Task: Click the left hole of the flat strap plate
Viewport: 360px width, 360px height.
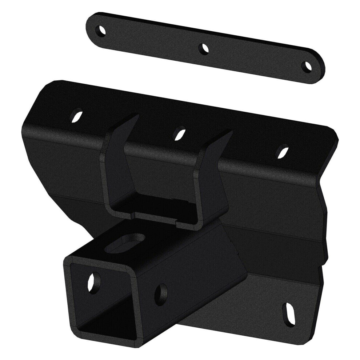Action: coord(101,30)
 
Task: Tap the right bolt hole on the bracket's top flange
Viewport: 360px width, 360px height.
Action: coord(283,151)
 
